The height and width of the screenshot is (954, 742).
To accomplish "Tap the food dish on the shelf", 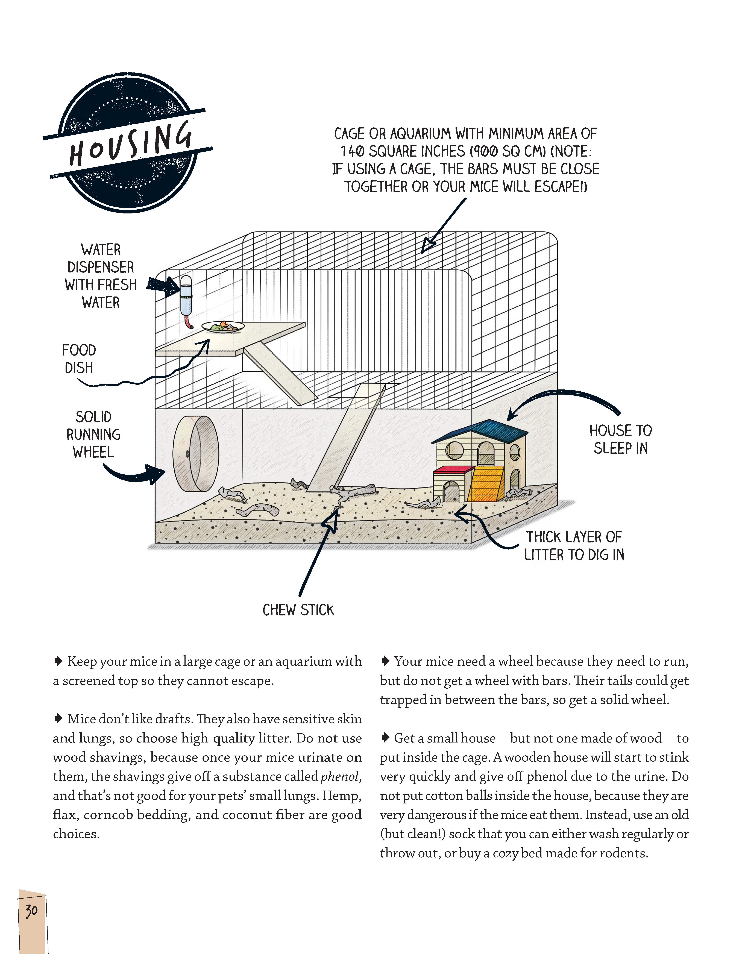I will click(223, 326).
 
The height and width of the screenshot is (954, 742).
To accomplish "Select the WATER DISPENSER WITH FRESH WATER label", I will click(100, 276).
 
